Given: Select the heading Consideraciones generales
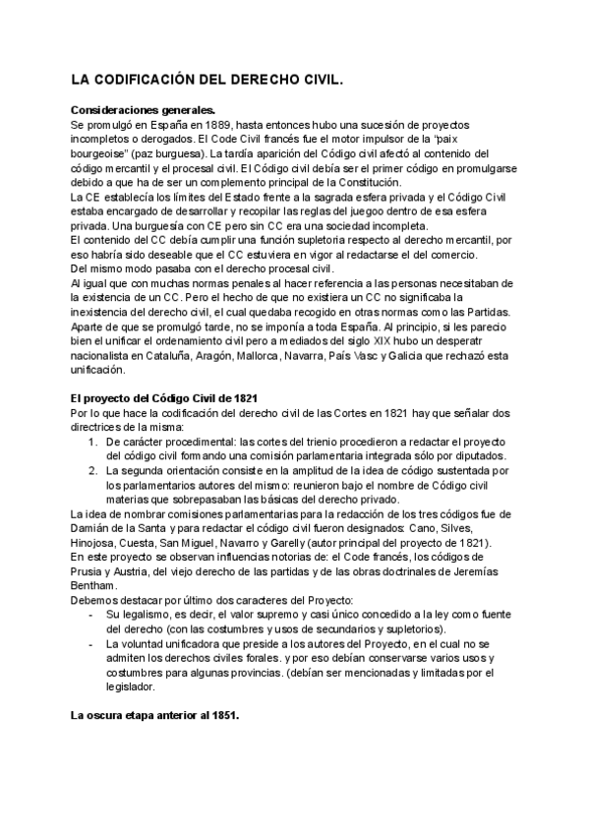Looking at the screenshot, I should (143, 111).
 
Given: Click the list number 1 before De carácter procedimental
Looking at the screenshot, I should (90, 443).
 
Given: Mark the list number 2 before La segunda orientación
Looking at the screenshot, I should (90, 471).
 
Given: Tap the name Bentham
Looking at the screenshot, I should (95, 586).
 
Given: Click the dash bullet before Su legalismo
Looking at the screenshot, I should (90, 615).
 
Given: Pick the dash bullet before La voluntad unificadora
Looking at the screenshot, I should (90, 643).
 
